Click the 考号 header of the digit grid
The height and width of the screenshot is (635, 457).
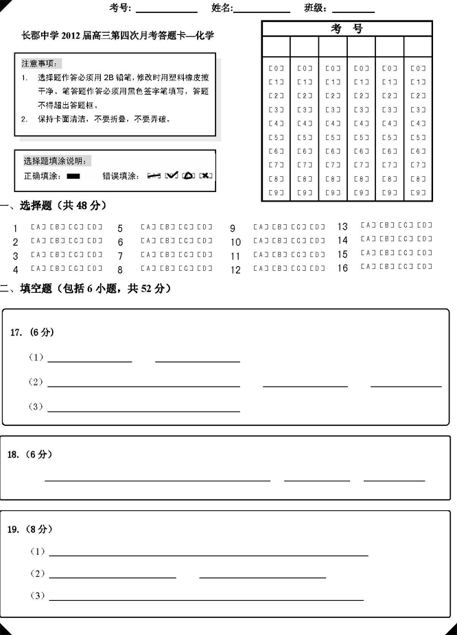point(347,29)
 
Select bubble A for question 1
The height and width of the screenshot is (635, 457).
point(38,228)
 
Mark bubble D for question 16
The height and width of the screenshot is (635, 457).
point(425,267)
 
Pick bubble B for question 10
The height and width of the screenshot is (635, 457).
point(279,241)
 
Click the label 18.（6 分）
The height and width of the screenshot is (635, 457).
point(30,455)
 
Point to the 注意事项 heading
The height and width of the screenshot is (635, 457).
point(39,62)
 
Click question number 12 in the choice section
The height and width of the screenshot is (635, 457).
point(235,270)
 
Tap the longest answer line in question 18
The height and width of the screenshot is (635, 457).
point(158,479)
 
